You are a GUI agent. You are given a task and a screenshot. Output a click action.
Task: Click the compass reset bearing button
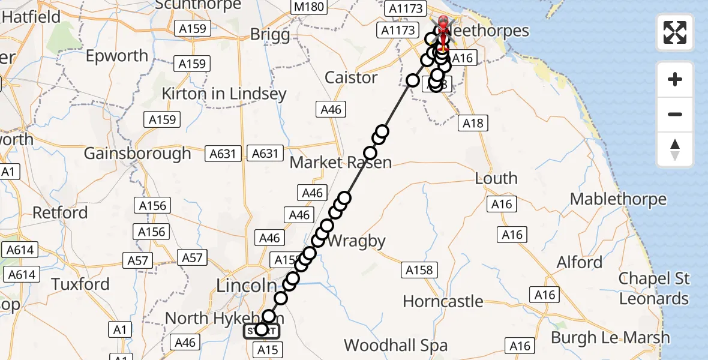pos(675,149)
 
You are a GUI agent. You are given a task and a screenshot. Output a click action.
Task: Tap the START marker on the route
pos(261,331)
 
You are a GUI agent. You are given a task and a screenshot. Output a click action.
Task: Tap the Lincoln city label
pos(246,286)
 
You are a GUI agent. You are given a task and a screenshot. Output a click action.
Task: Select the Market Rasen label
pos(340,162)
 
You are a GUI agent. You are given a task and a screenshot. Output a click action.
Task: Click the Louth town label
pos(496,178)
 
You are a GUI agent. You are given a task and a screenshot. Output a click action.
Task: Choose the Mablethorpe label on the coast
pos(618,199)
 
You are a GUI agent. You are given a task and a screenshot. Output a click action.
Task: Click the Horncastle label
pos(443,301)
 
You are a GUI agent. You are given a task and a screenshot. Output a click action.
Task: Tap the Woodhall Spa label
pos(395,345)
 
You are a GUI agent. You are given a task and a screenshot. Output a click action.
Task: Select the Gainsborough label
pos(137,154)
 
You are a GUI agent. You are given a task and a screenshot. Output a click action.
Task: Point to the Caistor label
pos(351,77)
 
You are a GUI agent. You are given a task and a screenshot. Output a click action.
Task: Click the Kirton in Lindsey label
pos(224,94)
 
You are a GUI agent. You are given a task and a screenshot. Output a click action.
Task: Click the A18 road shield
pos(472,124)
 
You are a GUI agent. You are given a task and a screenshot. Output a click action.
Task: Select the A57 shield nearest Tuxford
pos(138,260)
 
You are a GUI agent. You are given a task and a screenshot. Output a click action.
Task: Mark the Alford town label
pos(579,262)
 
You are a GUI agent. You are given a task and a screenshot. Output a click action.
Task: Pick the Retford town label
pos(60,212)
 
